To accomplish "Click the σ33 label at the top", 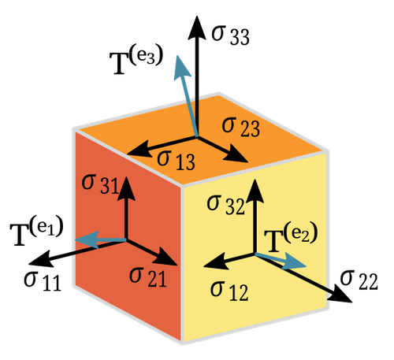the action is point(231,35).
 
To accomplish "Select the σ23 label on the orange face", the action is point(241,127).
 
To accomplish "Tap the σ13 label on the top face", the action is point(176,160).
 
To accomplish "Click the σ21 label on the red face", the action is point(148,276).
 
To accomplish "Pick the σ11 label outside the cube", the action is point(43,280).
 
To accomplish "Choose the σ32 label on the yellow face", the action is point(225,205).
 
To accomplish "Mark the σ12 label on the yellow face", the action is point(229,291).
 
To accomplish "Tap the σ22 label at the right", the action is point(359,280).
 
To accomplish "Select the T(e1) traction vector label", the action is point(37,232).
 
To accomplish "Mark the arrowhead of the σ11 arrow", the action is point(39,259).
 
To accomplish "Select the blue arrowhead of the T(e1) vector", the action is point(86,239).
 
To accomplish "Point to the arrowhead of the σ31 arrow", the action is point(126,187).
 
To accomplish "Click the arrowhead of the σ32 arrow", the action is point(255,191).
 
